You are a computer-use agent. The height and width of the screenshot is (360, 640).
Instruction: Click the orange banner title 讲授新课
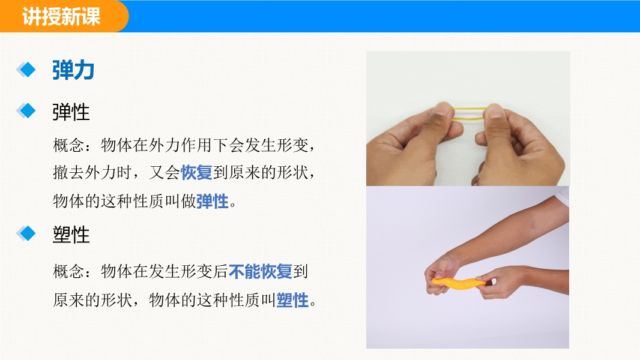coord(61,17)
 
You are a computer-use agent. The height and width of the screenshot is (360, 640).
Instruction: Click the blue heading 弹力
coord(73,70)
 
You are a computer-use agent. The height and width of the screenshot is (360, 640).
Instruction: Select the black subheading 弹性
coord(71,112)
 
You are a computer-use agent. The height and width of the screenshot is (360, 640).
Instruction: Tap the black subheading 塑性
coord(71,235)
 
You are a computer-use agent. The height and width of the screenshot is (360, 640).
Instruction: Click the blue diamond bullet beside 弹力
coord(26,70)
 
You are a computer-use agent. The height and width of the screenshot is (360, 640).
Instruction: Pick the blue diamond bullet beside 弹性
coord(26,111)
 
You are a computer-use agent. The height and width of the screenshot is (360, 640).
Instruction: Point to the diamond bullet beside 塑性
coord(26,233)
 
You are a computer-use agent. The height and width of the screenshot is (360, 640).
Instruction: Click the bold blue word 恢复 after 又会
coord(196,172)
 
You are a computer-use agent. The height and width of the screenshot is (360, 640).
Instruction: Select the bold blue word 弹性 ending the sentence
coord(213,201)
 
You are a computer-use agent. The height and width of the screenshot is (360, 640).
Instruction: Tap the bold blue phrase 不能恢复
coord(260,272)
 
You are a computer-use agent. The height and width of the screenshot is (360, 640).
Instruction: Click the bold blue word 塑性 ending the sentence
coord(292,300)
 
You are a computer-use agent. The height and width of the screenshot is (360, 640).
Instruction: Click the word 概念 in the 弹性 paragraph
coord(68,145)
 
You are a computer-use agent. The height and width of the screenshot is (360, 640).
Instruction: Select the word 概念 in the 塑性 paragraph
coord(68,272)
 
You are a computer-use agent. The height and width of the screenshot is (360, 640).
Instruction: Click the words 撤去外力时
coord(92,172)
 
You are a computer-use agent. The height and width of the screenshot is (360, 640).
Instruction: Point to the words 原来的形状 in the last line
coord(92,300)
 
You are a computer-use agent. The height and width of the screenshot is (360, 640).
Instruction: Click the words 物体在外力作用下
coord(164,145)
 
